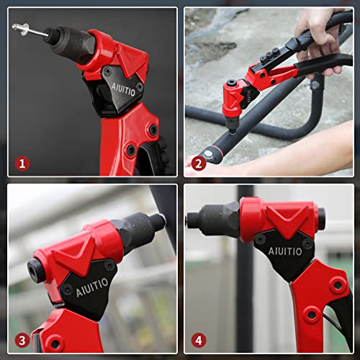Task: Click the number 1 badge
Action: (x=22, y=163)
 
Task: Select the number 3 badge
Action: (x=22, y=340)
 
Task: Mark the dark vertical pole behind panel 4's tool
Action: (x=246, y=302)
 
